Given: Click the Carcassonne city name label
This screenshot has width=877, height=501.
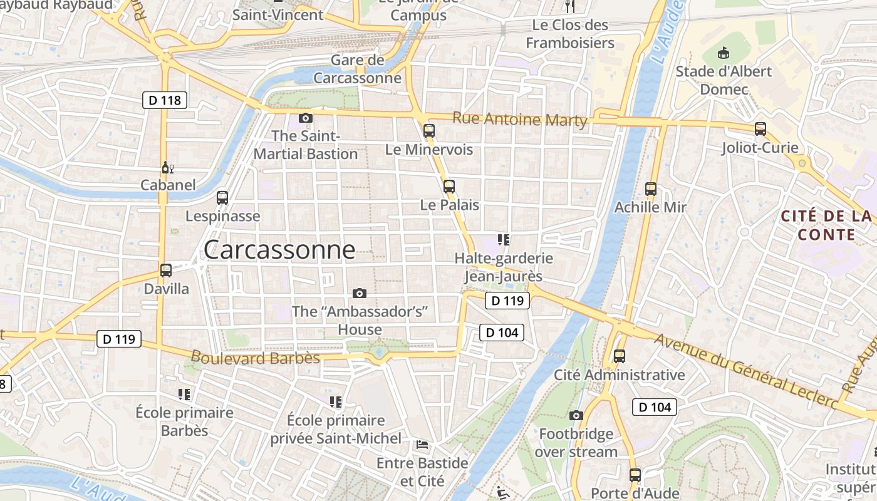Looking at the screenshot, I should point(279,250).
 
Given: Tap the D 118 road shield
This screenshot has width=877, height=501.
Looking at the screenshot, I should point(165,100).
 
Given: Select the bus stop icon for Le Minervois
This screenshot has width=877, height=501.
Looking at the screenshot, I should point(429,131).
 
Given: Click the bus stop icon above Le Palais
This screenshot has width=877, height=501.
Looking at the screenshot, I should point(449,187).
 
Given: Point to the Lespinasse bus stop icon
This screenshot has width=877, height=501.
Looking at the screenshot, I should point(222,198).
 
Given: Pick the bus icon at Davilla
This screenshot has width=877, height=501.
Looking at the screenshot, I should point(166,271).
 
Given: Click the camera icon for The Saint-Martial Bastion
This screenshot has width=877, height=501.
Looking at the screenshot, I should point(306,118).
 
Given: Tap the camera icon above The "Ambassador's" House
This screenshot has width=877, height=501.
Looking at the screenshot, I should point(360,293).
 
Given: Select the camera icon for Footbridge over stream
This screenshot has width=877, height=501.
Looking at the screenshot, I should point(576,415).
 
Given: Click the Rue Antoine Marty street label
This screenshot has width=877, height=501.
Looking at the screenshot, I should point(520,119).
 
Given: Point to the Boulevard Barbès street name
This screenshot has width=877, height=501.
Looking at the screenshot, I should point(255,358).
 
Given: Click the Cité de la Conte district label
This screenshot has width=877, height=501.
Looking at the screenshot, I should point(826,225).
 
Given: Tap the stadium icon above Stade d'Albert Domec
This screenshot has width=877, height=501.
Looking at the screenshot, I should point(724,53).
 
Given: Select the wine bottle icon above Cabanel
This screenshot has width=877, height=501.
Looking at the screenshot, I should point(167,167).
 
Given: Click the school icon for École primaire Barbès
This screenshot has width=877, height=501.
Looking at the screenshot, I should point(184,394).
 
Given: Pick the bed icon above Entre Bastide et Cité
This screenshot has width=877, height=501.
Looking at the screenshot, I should point(422,445).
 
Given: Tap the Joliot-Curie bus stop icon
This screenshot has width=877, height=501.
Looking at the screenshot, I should point(760,129).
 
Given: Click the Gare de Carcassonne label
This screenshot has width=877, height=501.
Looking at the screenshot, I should point(357,70).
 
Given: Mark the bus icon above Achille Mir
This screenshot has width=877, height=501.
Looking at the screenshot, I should point(651,189).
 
